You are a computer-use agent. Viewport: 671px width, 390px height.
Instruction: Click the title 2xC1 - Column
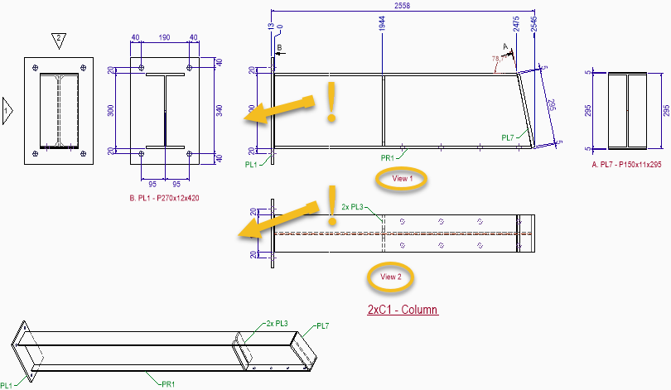[x=402, y=311]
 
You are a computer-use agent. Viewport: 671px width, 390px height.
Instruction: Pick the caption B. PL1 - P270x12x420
[x=164, y=199]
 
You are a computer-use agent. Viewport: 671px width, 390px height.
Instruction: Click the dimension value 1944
[x=382, y=24]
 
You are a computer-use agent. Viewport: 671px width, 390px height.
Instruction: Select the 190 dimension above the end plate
[x=164, y=38]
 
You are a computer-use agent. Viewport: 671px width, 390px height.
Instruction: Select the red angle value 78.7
[x=498, y=59]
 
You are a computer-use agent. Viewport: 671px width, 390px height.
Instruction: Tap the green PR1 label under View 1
[x=387, y=157]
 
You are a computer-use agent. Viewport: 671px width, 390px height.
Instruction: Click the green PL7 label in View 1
[x=509, y=137]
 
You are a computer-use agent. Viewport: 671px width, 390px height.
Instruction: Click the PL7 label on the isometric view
[x=323, y=326]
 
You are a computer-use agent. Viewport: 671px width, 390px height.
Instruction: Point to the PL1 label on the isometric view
[x=7, y=385]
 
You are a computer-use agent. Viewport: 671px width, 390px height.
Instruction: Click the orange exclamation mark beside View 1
[x=332, y=103]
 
